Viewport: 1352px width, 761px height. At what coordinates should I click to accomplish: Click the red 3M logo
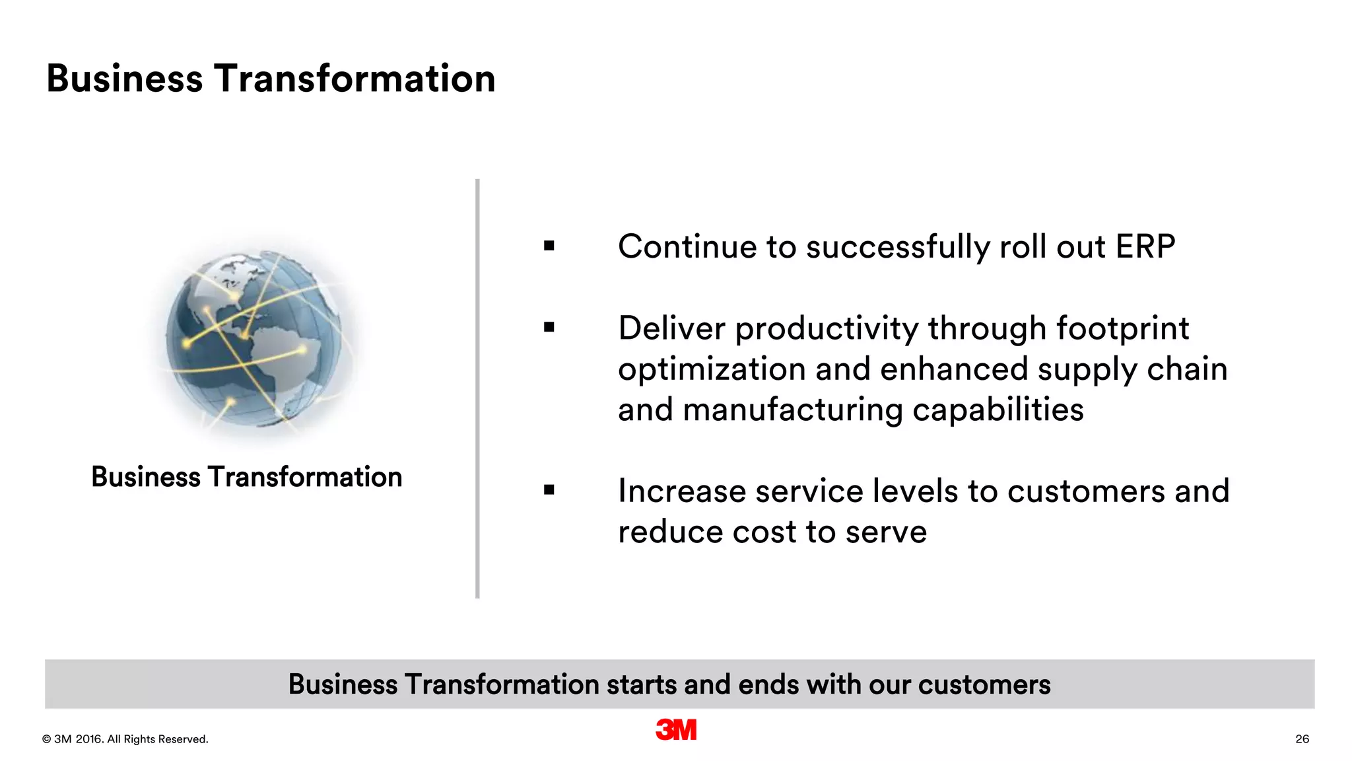pos(676,729)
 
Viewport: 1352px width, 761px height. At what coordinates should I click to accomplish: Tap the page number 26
pos(1302,739)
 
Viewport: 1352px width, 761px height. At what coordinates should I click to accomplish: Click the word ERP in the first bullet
pos(1145,247)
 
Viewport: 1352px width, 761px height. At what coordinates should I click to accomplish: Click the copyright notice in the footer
pos(125,739)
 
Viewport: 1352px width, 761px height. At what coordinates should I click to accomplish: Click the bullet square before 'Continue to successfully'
pos(549,246)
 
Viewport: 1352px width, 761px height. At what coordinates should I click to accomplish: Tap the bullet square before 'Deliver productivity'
pos(549,327)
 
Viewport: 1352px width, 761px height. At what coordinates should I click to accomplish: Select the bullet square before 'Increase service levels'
pos(549,490)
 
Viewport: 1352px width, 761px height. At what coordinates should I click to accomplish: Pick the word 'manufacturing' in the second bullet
pos(792,410)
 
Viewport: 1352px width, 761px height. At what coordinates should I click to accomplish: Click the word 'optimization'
pos(711,369)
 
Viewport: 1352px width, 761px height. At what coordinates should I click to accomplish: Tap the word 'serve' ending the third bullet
pos(886,532)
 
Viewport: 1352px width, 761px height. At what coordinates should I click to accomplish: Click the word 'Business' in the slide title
pos(125,79)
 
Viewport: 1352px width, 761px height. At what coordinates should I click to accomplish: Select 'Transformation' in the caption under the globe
pos(305,477)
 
